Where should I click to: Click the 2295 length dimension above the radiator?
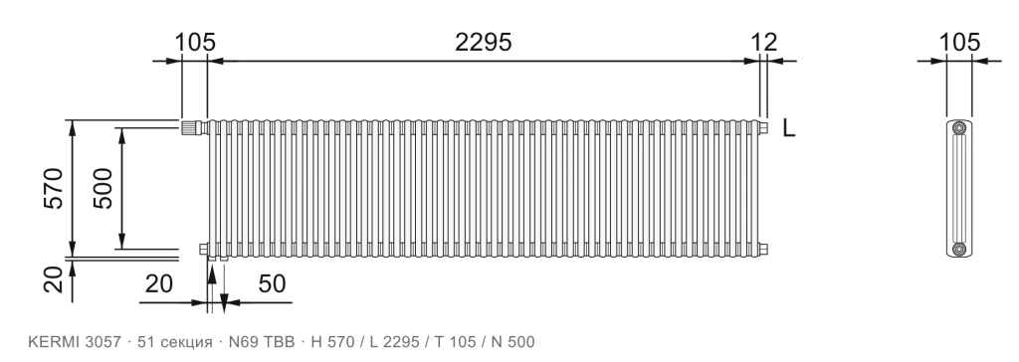click(483, 42)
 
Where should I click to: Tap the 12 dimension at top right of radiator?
click(763, 42)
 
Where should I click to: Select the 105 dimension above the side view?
click(959, 42)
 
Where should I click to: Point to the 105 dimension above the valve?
click(194, 42)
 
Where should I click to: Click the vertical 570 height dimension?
click(54, 189)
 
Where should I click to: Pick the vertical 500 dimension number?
click(102, 189)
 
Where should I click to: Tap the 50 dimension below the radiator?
click(273, 284)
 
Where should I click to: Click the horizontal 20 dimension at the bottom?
click(158, 284)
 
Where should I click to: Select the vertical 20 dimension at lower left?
click(54, 280)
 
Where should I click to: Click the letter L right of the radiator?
click(788, 128)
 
